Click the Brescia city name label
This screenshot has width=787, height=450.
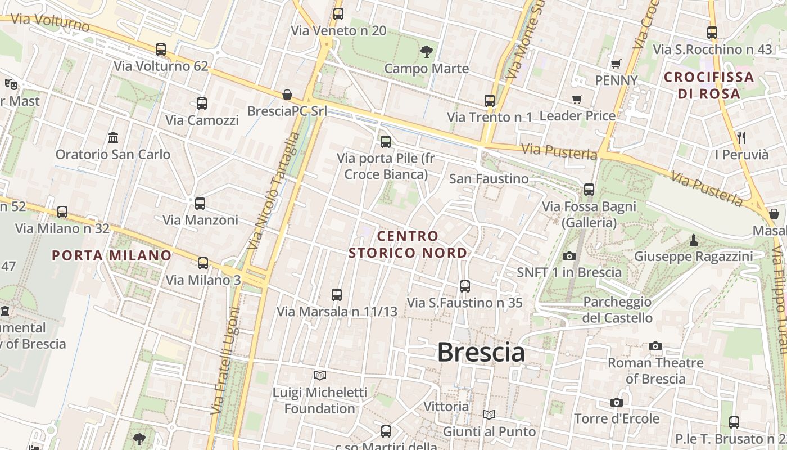481,353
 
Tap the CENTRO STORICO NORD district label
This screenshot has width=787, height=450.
408,244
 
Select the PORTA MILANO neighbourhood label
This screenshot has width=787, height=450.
111,255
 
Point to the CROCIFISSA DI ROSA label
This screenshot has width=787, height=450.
709,85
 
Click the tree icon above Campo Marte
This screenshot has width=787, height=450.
427,52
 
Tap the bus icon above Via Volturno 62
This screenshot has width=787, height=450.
161,49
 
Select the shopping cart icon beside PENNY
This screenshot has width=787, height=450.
616,64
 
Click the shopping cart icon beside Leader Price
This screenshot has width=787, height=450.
577,100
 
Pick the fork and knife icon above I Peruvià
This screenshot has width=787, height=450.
741,137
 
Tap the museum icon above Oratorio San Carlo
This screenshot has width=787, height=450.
113,137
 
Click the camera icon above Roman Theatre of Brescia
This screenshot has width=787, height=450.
655,346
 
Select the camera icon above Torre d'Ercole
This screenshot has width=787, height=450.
617,402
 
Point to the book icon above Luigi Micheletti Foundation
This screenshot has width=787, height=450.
320,375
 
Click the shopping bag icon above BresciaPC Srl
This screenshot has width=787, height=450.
287,94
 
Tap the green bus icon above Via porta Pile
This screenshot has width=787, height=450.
386,142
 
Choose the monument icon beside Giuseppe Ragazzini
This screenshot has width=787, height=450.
694,240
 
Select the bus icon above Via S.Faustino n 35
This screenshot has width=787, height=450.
465,286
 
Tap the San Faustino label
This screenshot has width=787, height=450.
489,179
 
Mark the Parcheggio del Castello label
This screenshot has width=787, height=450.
617,310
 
